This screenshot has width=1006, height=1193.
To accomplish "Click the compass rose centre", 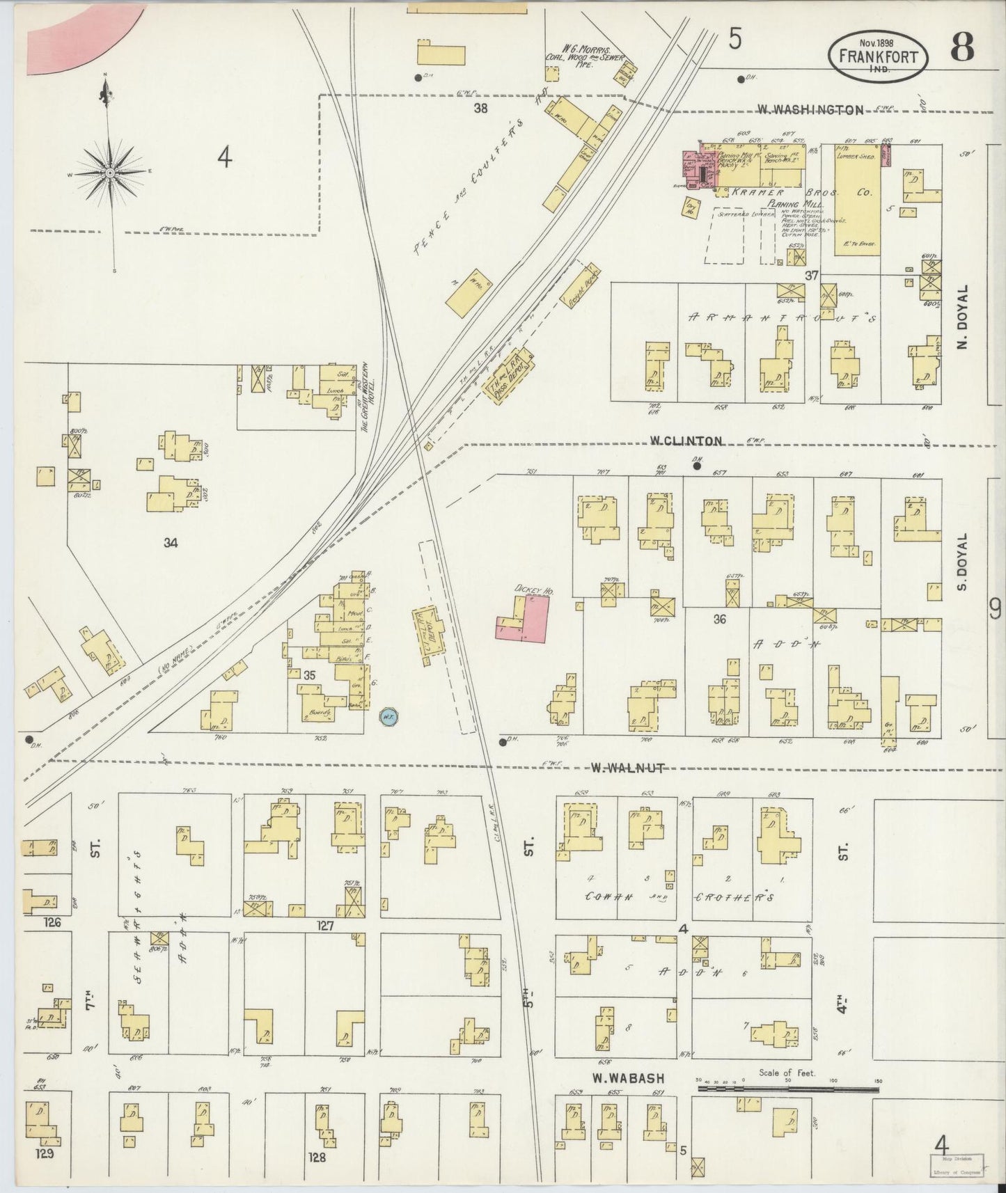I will click(111, 172).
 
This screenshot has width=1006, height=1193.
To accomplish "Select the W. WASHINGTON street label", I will click(810, 109).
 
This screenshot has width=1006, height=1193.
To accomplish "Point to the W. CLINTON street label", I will click(686, 441).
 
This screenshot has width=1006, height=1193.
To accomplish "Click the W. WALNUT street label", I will click(627, 768).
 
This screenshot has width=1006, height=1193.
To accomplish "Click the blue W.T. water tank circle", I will click(387, 715).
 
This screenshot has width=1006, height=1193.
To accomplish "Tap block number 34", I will click(171, 543).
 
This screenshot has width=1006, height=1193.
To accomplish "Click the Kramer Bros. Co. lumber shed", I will click(856, 202).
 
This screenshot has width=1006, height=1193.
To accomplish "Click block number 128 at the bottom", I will click(317, 1159).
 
